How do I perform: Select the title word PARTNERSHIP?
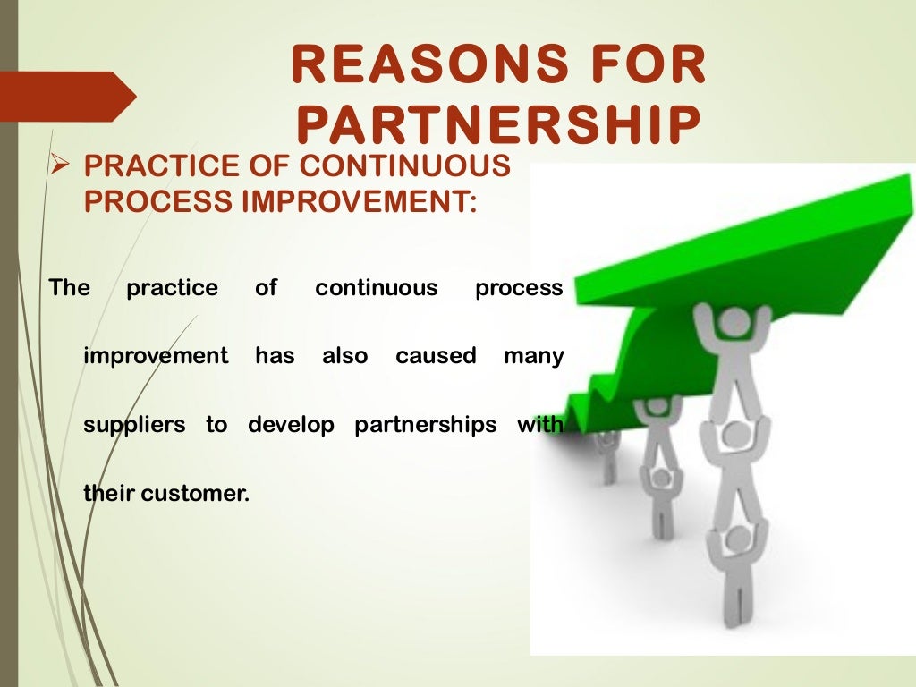[497, 126]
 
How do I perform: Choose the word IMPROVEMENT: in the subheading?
[360, 201]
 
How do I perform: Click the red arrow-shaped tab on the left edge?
[67, 96]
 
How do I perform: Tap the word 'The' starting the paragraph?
[69, 288]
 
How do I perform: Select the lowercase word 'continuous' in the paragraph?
[377, 288]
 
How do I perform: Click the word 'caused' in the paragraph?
[436, 356]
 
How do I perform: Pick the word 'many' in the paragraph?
[533, 356]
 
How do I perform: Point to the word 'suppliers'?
[134, 425]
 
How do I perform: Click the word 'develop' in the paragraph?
[291, 425]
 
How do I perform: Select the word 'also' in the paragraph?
[344, 356]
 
